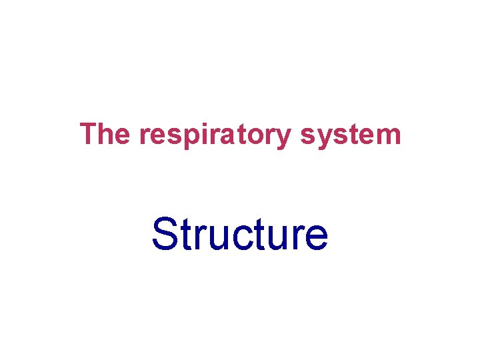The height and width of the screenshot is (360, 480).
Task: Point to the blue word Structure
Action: [239, 235]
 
